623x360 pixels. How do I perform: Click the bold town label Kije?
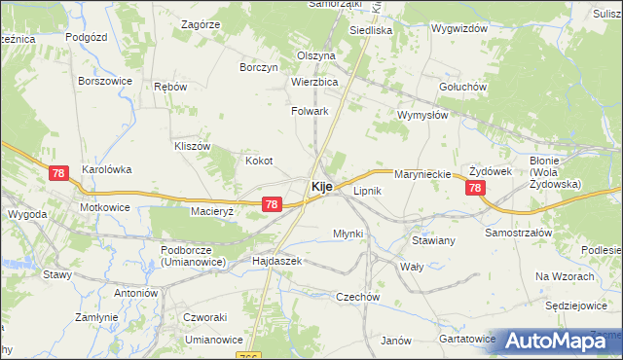(x=324, y=185)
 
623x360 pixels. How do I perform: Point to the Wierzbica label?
(x=313, y=83)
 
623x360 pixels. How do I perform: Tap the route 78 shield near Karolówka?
(x=59, y=173)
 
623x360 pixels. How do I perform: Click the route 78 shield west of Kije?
(x=272, y=204)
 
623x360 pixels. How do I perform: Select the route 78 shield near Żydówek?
(x=475, y=189)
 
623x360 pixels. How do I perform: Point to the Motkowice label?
(x=105, y=207)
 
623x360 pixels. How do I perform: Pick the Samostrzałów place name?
(x=519, y=234)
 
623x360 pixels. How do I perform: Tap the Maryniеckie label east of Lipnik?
(x=422, y=174)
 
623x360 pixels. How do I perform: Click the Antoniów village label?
(x=135, y=293)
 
